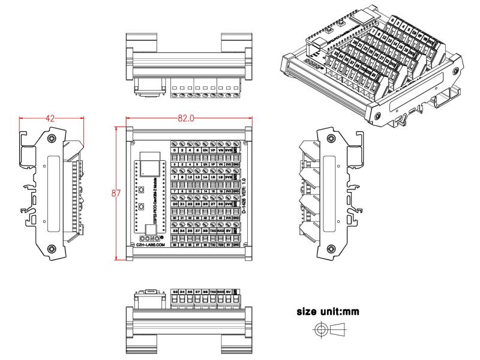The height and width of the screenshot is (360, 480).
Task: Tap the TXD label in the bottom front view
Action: [212, 292]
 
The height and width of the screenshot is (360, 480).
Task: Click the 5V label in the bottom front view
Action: [228, 292]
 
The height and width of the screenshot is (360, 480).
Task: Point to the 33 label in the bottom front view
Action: [175, 292]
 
